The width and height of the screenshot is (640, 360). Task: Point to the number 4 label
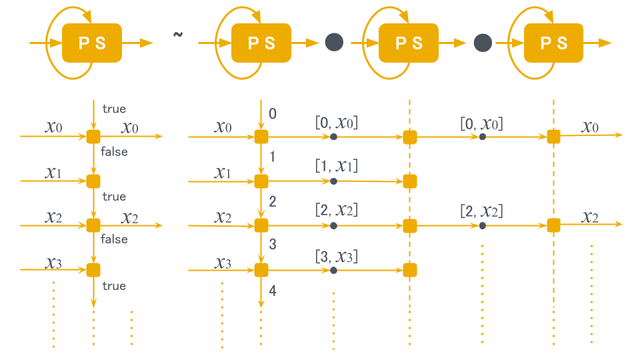(x=272, y=291)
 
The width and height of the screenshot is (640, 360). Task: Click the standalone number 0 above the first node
(x=272, y=114)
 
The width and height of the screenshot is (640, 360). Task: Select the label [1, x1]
(x=337, y=165)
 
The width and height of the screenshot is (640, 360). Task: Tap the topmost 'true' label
(x=114, y=109)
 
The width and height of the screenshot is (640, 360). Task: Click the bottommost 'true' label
(x=114, y=286)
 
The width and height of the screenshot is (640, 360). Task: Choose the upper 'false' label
(x=114, y=152)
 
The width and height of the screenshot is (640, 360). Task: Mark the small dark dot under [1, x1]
(x=333, y=181)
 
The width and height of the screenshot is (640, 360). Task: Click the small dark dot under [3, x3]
(x=333, y=270)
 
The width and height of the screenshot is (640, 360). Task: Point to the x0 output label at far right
(x=589, y=127)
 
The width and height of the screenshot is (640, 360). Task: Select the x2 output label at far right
(x=589, y=216)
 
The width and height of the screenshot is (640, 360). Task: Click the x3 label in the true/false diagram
(x=54, y=263)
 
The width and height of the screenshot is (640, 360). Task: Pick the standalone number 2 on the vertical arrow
(x=272, y=201)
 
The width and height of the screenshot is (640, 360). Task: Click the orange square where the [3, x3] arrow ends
(x=410, y=270)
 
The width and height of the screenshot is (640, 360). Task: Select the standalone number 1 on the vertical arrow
(x=272, y=157)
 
